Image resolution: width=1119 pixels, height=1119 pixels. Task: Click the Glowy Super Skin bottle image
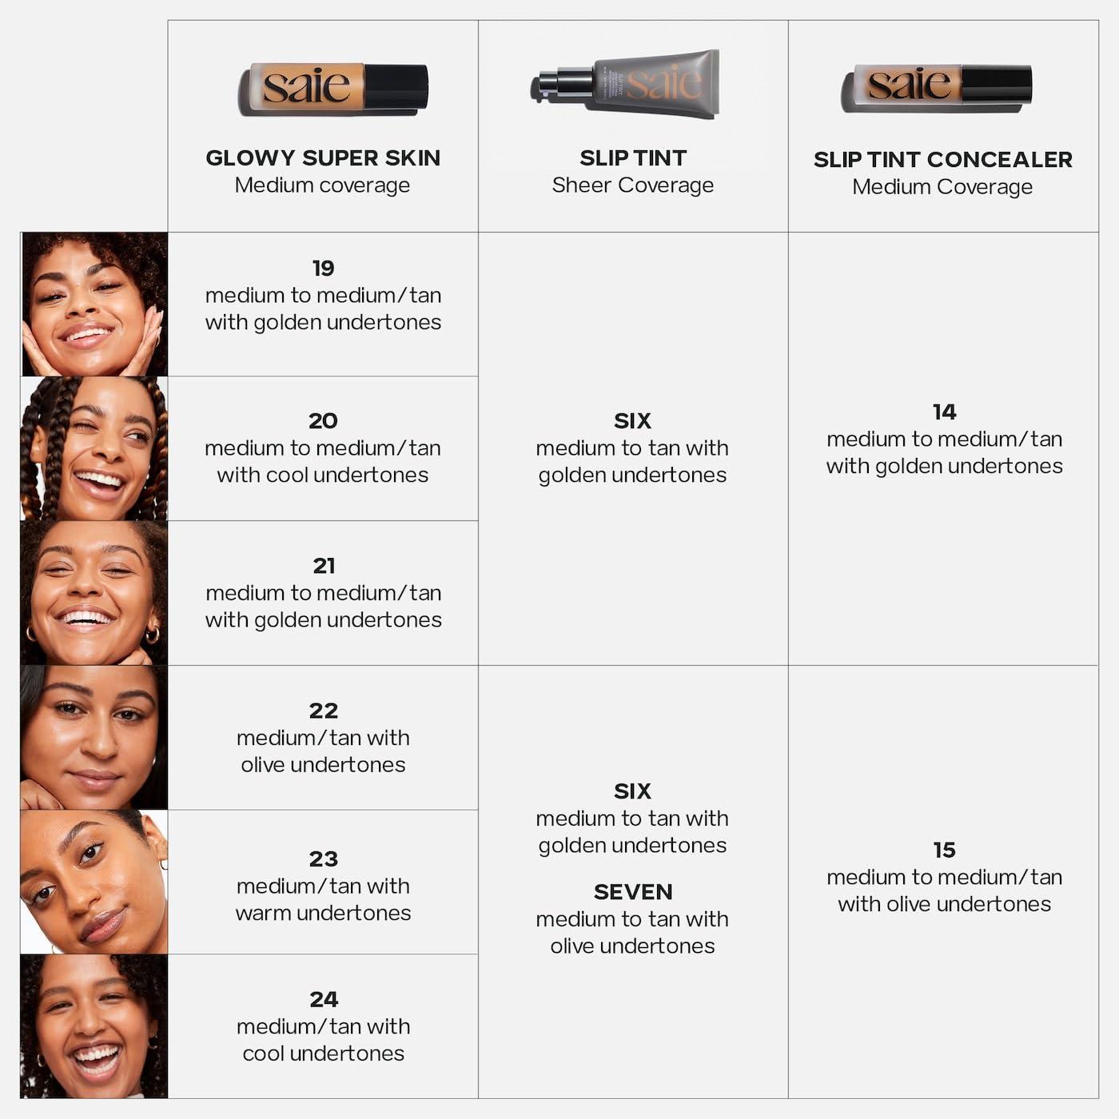(333, 88)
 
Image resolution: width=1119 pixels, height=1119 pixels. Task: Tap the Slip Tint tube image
(626, 84)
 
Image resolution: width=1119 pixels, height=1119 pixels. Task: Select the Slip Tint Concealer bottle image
(936, 87)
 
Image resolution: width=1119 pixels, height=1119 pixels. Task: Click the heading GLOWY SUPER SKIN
(323, 157)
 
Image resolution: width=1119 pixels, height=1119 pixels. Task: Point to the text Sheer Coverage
(632, 185)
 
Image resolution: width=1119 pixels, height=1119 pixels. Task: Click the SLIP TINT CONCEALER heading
(942, 159)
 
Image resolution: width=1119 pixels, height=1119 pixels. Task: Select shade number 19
(323, 268)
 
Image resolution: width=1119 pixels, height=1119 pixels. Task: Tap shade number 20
(323, 420)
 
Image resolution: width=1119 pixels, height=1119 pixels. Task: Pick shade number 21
(324, 566)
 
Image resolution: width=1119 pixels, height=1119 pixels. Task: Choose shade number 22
(323, 711)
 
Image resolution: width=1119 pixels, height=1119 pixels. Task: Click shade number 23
(323, 859)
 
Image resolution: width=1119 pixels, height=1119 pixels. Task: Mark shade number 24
(323, 999)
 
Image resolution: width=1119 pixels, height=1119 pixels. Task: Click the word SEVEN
(632, 892)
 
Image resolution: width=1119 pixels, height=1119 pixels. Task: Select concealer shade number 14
(944, 412)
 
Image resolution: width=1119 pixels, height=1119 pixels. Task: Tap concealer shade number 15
(944, 850)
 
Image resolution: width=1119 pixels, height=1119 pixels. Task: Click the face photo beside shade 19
(94, 305)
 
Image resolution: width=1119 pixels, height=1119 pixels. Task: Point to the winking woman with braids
(94, 449)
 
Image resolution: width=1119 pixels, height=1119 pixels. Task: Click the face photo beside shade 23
(94, 882)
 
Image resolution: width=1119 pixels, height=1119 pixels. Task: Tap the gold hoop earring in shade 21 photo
(151, 635)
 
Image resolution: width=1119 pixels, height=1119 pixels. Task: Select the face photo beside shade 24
(94, 1026)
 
